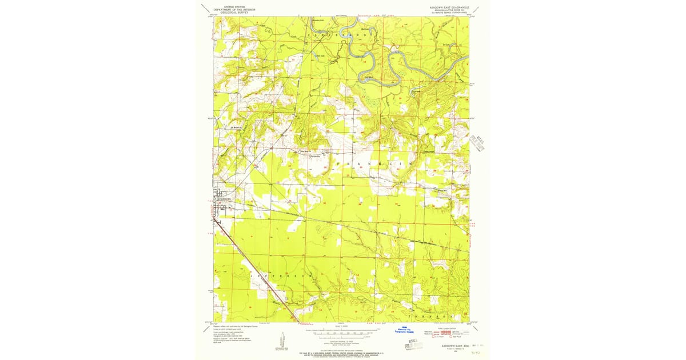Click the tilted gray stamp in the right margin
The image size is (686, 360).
point(477,143)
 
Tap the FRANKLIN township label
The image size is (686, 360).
point(377,164)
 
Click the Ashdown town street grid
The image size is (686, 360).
point(221,206)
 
